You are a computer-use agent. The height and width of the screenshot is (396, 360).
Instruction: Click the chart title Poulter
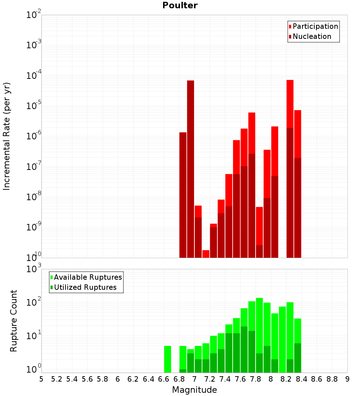[180, 5]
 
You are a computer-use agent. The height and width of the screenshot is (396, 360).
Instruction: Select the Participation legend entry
[315, 26]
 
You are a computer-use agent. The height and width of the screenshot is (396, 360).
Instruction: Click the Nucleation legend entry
[311, 36]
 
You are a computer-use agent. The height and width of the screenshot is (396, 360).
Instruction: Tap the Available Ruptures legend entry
[87, 277]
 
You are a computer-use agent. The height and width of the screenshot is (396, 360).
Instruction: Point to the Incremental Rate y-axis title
[7, 136]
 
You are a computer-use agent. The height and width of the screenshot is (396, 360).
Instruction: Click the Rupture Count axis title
[14, 320]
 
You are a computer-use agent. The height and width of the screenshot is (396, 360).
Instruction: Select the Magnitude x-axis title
[194, 390]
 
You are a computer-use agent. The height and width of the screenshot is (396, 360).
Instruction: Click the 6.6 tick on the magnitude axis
[163, 379]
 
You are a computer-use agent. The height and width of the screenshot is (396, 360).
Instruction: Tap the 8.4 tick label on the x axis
[301, 379]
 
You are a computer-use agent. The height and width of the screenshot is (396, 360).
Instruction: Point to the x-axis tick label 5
[41, 379]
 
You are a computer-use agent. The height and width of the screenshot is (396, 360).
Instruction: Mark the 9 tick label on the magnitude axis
[347, 379]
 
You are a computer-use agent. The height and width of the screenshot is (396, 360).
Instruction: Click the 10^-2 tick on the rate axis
[33, 15]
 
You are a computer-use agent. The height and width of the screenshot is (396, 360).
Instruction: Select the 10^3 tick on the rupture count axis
[33, 269]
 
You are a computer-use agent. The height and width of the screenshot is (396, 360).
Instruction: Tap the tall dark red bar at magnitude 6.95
[190, 169]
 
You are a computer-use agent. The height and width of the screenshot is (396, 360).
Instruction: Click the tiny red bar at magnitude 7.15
[206, 254]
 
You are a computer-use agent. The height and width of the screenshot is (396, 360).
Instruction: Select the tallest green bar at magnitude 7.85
[259, 313]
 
